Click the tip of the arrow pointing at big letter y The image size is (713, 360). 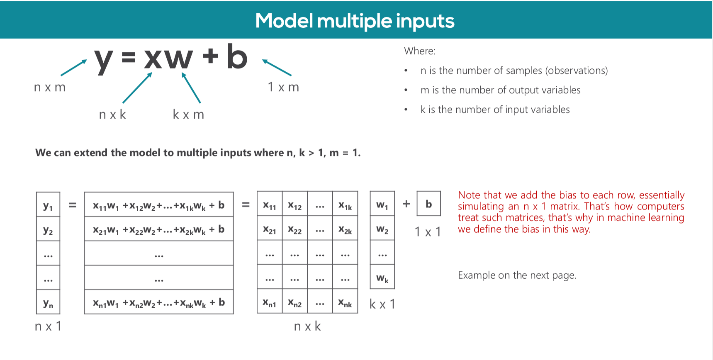pos(87,60)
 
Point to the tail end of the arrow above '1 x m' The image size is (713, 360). pos(291,75)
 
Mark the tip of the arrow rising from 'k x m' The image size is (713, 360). pos(183,73)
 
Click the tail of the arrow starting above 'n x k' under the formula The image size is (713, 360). pos(123,103)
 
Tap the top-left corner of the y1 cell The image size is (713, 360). pos(37,192)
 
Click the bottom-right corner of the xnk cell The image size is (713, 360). pos(358,313)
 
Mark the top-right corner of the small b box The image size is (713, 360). pos(440,191)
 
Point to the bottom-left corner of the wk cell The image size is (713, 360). pos(370,289)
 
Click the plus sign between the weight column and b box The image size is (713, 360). pos(406,204)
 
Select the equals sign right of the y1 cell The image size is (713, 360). pos(73,204)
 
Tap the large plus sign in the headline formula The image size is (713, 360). pos(211,56)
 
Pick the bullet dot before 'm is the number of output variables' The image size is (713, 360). pos(406,90)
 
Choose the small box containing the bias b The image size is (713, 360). pos(428,204)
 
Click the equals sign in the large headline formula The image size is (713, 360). pos(129,57)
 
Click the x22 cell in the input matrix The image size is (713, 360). pos(295,229)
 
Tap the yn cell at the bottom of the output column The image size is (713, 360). pos(48,302)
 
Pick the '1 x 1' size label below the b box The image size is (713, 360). pos(428,232)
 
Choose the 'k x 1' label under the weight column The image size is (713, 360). pos(382,304)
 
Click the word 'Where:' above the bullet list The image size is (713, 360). pos(420,51)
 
